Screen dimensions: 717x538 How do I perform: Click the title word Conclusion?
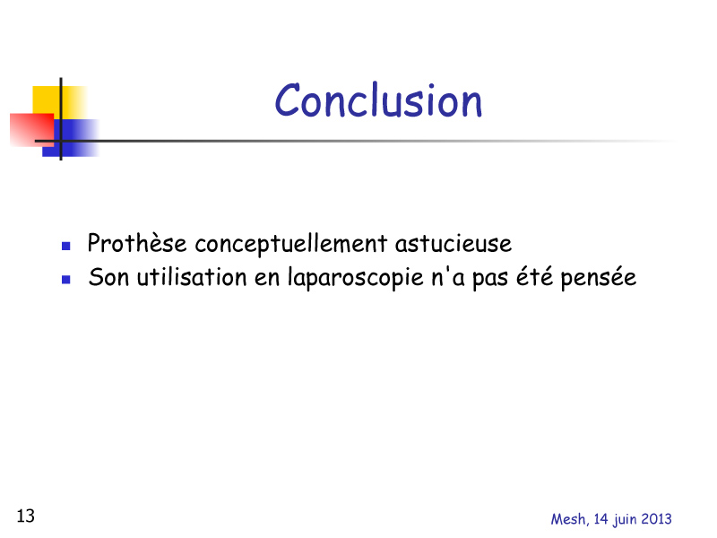point(378,100)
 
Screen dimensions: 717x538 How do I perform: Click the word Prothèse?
point(137,242)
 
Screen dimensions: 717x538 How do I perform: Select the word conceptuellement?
point(290,244)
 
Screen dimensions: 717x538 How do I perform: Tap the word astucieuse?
point(454,243)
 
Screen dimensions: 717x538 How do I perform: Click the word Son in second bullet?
point(108,277)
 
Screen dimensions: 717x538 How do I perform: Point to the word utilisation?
point(192,277)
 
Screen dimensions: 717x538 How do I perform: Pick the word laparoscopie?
point(355,278)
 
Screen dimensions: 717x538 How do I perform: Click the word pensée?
point(598,277)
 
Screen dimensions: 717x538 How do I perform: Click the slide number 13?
point(26,516)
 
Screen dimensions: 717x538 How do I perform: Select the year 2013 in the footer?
point(656,519)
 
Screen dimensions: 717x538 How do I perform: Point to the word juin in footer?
point(624,520)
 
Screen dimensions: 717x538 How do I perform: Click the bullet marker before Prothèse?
point(65,246)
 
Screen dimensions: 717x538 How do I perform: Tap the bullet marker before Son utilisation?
point(65,280)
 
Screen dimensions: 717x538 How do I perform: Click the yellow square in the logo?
point(58,101)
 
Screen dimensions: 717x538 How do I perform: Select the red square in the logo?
point(31,130)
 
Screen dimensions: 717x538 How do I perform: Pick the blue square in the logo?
point(71,138)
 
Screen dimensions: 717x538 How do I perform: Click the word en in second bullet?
point(267,279)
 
